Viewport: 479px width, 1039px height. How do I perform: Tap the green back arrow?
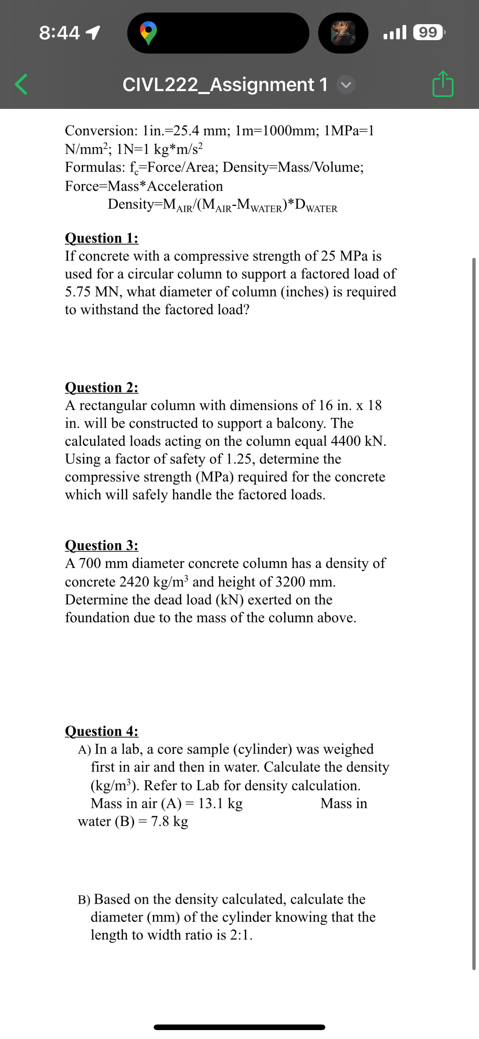click(21, 84)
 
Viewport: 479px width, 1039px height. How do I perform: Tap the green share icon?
click(443, 84)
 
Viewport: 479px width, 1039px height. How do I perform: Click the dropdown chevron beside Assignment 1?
click(346, 85)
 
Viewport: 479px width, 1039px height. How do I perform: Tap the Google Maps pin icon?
click(149, 33)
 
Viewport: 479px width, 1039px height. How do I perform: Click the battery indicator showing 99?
click(428, 32)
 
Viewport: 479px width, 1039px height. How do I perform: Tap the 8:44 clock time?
click(59, 33)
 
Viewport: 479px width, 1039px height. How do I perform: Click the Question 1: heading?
click(102, 238)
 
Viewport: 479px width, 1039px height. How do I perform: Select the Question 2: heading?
click(102, 387)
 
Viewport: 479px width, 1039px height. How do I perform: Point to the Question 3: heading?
click(102, 545)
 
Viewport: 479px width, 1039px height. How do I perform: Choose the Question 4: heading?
click(102, 731)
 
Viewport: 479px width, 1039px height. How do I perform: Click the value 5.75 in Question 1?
click(78, 292)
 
